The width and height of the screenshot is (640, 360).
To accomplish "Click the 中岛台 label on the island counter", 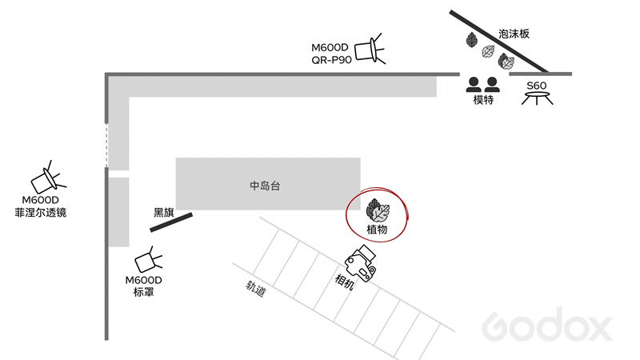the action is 265,186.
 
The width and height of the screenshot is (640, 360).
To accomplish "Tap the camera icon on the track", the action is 361,263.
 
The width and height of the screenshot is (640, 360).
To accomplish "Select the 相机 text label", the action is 344,282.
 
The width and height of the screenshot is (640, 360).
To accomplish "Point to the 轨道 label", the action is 255,288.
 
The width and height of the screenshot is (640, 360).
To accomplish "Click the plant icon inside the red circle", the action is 378,210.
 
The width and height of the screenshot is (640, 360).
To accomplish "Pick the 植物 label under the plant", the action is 377,230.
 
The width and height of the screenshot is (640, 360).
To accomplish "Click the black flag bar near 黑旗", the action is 171,222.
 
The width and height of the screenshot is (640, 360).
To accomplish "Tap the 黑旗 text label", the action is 164,212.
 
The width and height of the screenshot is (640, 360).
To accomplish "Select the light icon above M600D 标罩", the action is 148,259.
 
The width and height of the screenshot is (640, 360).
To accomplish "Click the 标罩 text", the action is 144,292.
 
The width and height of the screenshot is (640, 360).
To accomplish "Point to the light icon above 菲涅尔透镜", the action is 48,178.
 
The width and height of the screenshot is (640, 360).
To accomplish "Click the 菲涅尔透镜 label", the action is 41,213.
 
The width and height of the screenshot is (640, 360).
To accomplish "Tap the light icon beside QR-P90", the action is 370,50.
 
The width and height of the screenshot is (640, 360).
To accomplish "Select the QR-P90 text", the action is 331,60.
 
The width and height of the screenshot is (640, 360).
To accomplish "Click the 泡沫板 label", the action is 514,34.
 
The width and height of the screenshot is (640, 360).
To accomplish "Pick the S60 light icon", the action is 537,98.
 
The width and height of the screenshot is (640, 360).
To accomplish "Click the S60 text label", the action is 536,86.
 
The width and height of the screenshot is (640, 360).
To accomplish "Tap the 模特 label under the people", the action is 483,99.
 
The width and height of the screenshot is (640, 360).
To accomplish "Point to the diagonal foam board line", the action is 498,42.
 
